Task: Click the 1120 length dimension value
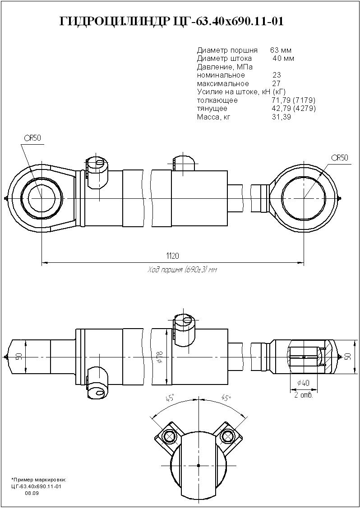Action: click(173, 256)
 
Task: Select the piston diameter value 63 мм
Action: click(281, 50)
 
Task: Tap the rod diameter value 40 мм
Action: click(283, 59)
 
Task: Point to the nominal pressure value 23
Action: click(277, 75)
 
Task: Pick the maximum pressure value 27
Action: click(277, 83)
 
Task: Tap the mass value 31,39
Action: click(281, 117)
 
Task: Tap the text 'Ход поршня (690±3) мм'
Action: click(182, 270)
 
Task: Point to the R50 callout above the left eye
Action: click(33, 138)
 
